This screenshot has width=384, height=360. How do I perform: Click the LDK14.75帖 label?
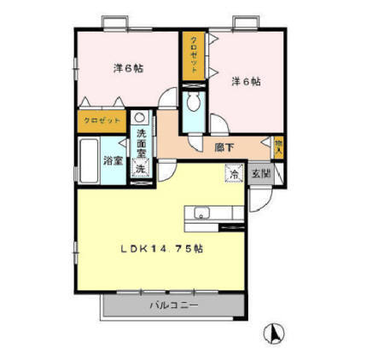point(160,249)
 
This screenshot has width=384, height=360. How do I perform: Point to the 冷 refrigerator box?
point(233,174)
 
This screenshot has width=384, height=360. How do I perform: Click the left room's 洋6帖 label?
point(127,68)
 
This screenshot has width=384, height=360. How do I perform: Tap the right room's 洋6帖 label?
point(246,83)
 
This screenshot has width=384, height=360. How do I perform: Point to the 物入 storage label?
point(277,147)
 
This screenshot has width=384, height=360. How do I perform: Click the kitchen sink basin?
point(201,213)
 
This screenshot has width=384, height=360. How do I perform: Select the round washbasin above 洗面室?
point(141,119)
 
